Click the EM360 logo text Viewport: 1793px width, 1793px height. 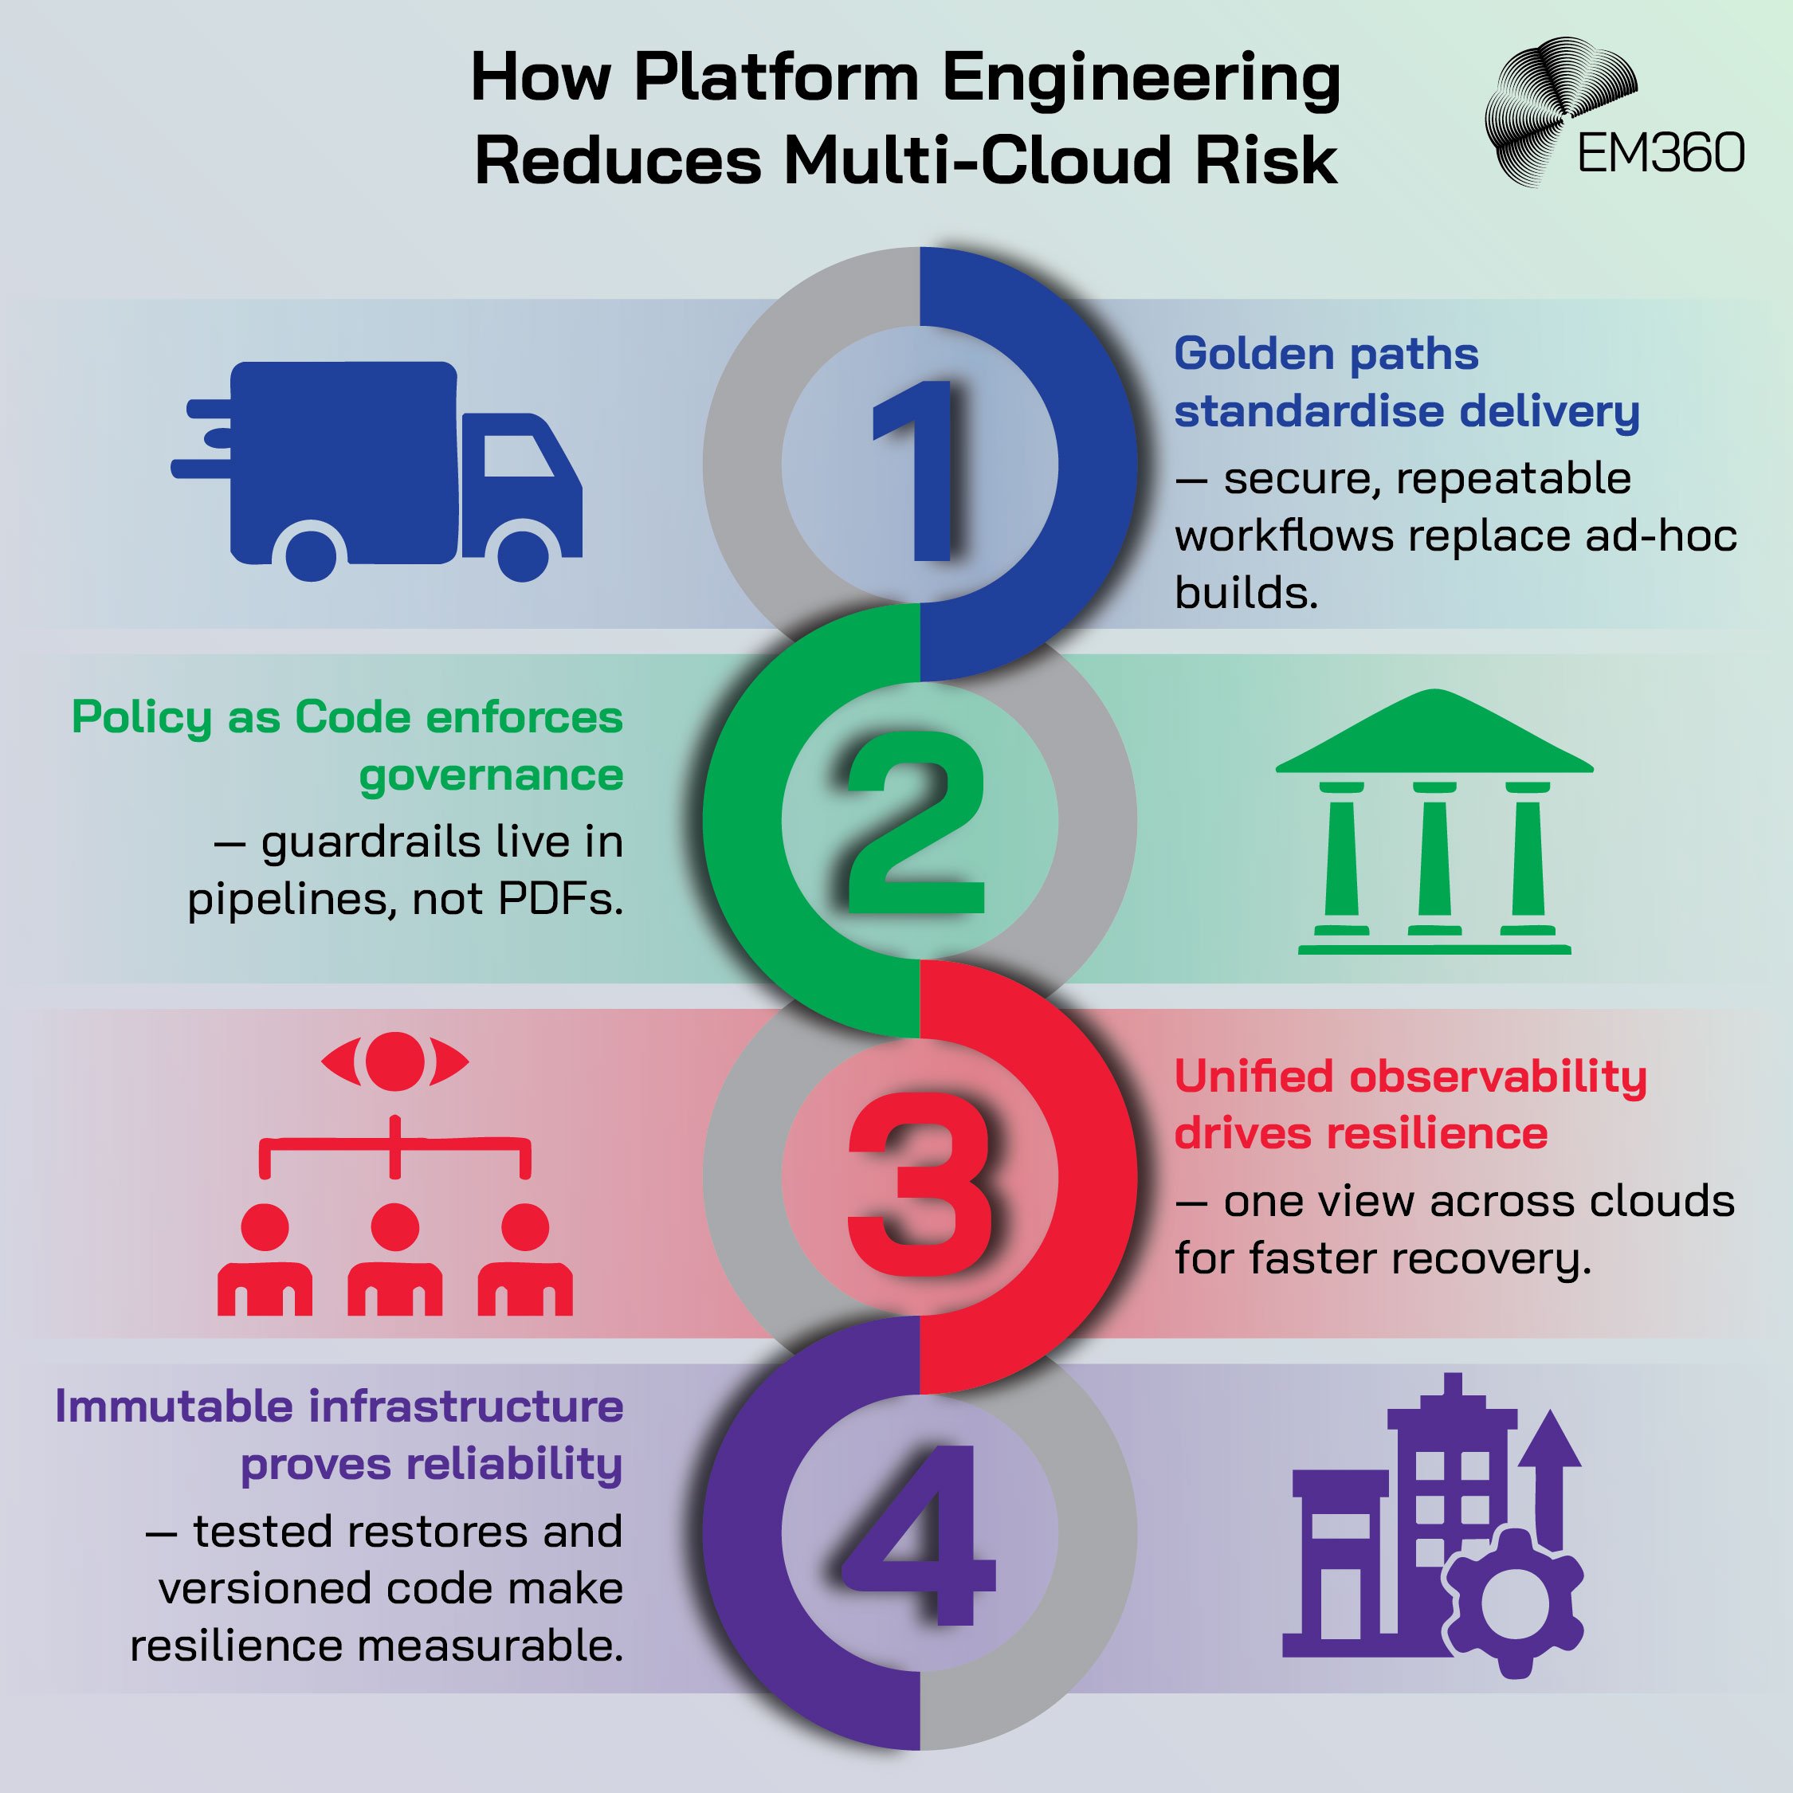tap(1660, 153)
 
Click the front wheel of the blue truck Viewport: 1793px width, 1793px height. tap(523, 553)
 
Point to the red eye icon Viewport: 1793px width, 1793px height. tap(394, 1061)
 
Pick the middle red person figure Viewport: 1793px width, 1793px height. tap(394, 1261)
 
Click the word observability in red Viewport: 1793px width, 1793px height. tap(1498, 1077)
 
